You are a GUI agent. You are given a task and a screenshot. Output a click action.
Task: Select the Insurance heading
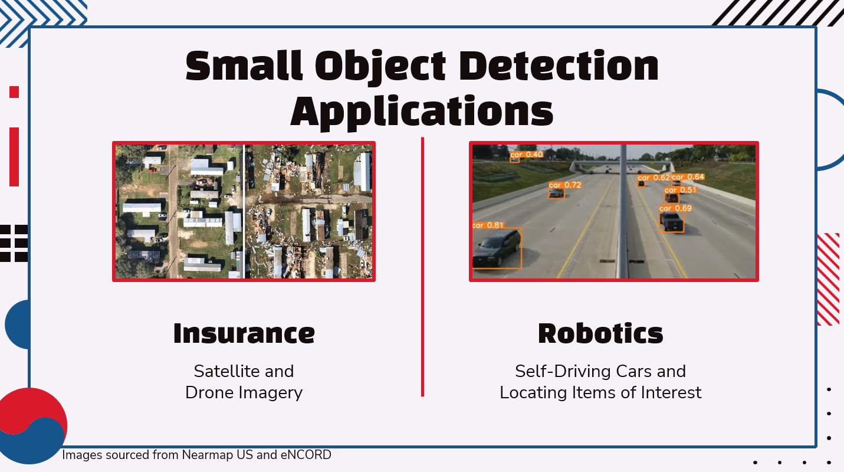click(244, 333)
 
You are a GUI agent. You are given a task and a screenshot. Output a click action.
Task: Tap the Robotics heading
click(600, 333)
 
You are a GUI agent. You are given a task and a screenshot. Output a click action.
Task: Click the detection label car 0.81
click(488, 225)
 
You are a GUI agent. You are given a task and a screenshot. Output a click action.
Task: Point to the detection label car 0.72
click(565, 185)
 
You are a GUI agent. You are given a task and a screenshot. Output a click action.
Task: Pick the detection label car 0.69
click(675, 208)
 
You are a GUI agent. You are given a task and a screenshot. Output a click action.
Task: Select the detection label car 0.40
click(527, 155)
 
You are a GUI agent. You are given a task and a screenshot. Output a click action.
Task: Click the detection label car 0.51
click(681, 190)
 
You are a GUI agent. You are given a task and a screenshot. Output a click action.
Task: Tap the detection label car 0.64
click(688, 177)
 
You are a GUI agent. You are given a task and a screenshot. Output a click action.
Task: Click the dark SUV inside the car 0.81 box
click(497, 248)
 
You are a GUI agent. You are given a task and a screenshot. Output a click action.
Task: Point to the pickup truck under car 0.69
click(671, 221)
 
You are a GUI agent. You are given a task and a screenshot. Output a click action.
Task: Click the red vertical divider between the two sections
click(422, 265)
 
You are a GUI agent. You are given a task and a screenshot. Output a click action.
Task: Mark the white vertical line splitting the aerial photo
click(244, 211)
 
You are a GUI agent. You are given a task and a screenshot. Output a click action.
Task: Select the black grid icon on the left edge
click(14, 243)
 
